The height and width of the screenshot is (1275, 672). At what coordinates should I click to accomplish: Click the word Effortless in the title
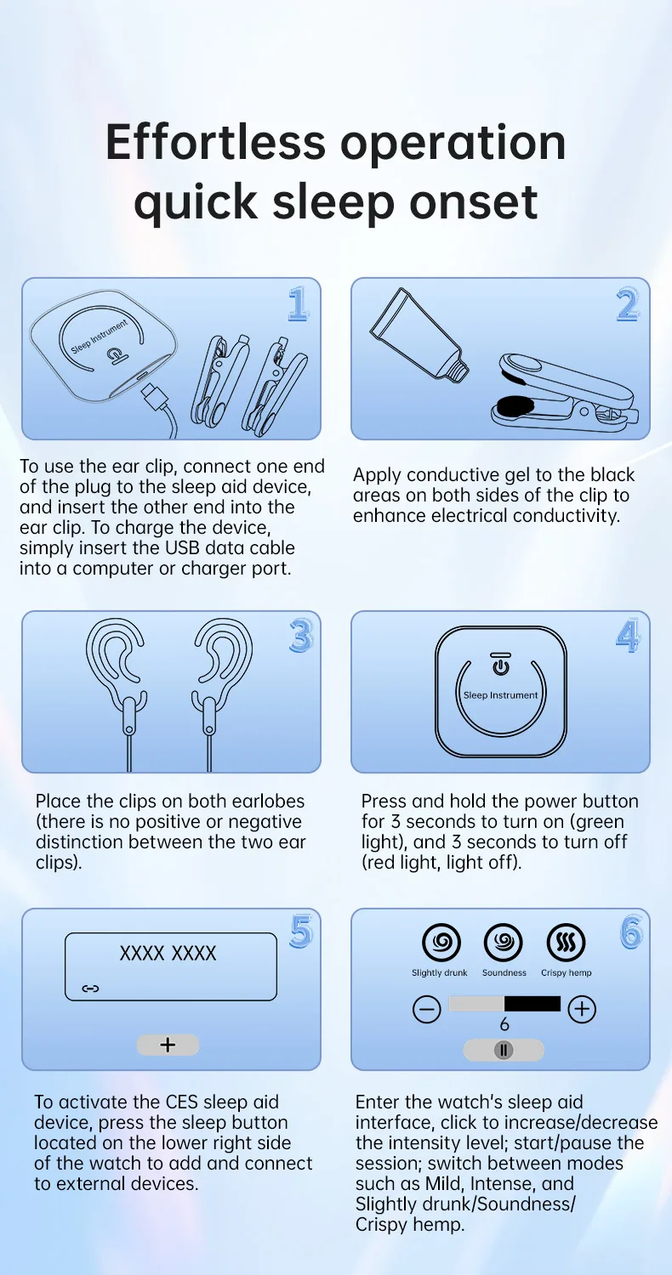click(x=215, y=142)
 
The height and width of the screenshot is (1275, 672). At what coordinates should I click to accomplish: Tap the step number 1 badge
click(x=299, y=304)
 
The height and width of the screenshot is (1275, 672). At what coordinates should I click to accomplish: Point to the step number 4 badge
click(x=628, y=636)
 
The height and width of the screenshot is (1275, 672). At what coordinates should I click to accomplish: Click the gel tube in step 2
click(x=419, y=335)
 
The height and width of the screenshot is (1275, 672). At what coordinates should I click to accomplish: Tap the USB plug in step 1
click(x=155, y=394)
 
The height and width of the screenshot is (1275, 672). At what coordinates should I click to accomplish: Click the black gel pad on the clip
click(x=515, y=405)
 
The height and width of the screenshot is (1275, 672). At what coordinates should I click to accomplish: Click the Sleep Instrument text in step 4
click(x=500, y=695)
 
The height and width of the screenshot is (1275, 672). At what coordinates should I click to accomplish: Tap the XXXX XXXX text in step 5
click(x=168, y=954)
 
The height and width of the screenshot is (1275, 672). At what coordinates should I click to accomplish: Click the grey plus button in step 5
click(x=168, y=1045)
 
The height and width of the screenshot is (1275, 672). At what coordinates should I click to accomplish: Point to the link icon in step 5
click(x=90, y=989)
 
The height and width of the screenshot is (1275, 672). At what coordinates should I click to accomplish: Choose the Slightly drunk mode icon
click(x=441, y=942)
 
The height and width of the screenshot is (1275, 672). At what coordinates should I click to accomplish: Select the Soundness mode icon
click(x=504, y=942)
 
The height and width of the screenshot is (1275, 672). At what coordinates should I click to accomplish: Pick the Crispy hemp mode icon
click(x=566, y=942)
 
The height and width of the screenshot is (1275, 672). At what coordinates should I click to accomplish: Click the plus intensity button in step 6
click(x=582, y=1009)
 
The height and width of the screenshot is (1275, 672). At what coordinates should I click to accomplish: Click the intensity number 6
click(x=504, y=1024)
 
